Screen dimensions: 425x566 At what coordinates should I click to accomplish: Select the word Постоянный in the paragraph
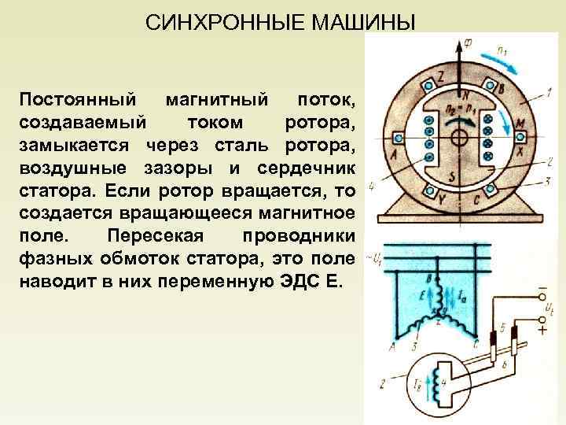pyautogui.click(x=70, y=100)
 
